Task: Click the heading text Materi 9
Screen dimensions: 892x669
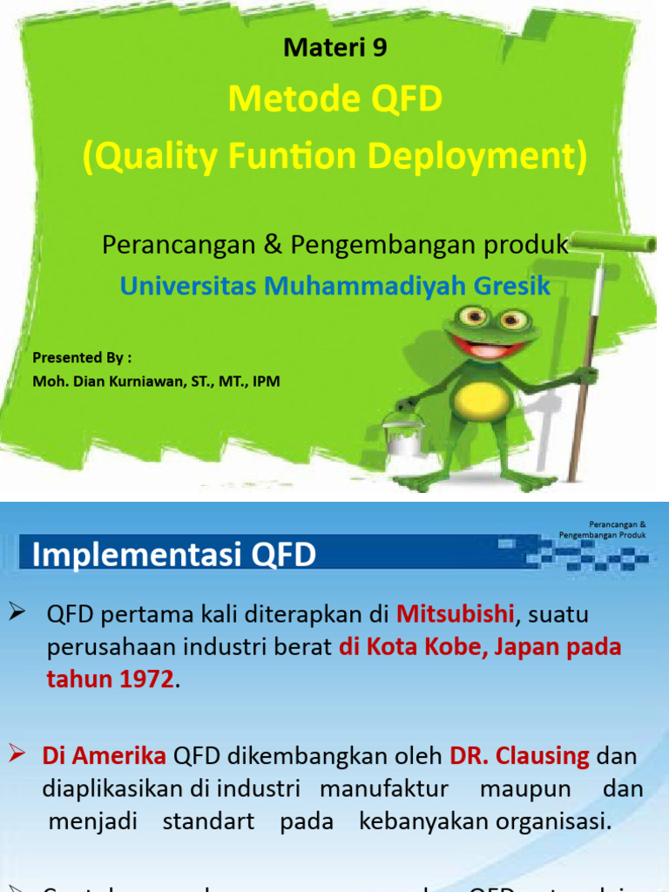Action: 335,49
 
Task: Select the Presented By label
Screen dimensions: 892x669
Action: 82,357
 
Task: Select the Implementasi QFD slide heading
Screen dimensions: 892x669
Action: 174,555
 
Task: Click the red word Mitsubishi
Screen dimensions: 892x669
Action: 455,614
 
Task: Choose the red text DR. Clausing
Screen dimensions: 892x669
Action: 519,756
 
